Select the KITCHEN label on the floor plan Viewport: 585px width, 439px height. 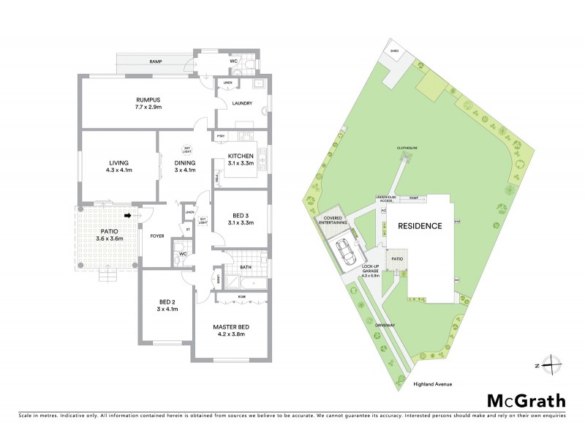pyautogui.click(x=241, y=156)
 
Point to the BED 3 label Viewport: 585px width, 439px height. pyautogui.click(x=240, y=215)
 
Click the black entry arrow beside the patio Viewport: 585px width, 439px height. pyautogui.click(x=128, y=215)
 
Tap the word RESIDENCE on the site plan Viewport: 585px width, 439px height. pyautogui.click(x=420, y=226)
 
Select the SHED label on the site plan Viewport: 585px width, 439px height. pyautogui.click(x=394, y=51)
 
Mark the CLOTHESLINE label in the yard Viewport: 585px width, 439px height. pyautogui.click(x=407, y=148)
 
